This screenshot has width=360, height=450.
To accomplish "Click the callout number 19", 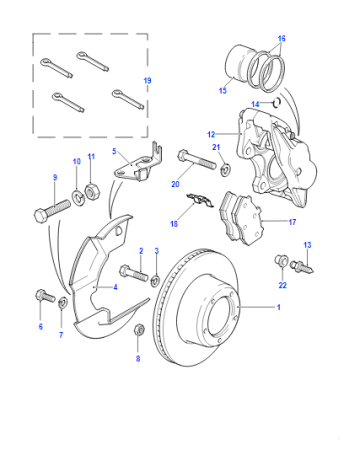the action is (x=147, y=80).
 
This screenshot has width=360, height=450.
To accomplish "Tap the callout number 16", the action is (x=281, y=38).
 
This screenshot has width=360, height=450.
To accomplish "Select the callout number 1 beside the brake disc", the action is (x=279, y=307).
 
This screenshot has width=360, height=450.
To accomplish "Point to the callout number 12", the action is (x=211, y=134).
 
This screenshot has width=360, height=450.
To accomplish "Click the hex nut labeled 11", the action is (x=91, y=193).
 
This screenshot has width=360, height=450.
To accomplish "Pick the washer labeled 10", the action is (x=78, y=197).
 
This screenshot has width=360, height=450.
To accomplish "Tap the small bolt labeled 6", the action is (x=45, y=296).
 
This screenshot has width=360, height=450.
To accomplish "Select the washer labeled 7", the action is (x=62, y=303).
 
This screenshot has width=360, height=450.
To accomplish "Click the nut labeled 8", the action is (x=138, y=329).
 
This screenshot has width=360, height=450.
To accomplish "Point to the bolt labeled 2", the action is (x=134, y=272).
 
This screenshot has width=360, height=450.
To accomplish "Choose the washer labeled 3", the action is (x=155, y=280).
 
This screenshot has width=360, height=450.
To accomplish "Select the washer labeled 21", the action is (x=226, y=168).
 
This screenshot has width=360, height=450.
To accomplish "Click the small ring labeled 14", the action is (x=276, y=102).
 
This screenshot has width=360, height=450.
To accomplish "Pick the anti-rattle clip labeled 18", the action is (x=199, y=200).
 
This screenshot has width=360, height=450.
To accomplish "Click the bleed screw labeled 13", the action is (x=302, y=267).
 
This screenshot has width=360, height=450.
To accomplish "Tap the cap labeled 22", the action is (x=281, y=260).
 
